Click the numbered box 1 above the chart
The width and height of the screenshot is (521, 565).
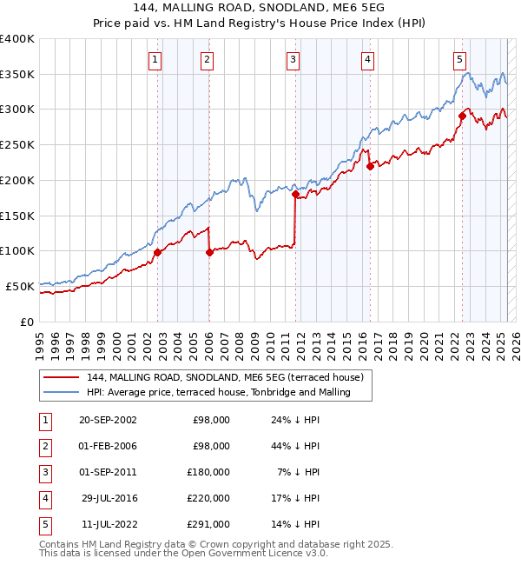click(155, 60)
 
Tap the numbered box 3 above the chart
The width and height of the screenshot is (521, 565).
click(293, 60)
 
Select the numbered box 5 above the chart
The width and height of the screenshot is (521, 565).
click(459, 60)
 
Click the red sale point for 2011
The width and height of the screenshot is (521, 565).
click(295, 196)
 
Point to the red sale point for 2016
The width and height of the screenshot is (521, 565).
click(370, 167)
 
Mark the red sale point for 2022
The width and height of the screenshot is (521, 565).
click(462, 116)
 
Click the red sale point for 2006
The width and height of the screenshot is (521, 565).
click(209, 253)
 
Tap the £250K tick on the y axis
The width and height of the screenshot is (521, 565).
click(17, 144)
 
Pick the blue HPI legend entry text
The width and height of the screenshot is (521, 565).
click(218, 393)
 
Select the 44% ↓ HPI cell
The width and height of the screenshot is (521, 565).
click(295, 446)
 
